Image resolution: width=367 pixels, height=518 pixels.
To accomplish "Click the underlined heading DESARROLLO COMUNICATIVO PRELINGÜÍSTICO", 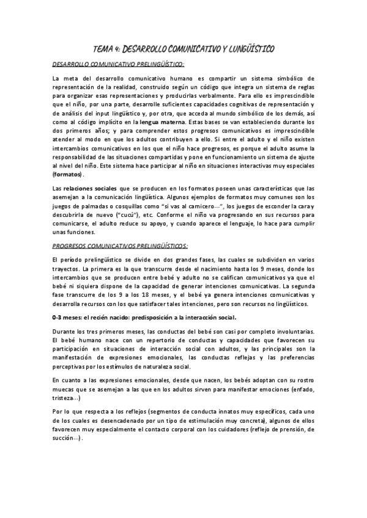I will coord(118,64).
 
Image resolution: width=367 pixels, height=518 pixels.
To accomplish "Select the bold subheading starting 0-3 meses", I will coord(144,318).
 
